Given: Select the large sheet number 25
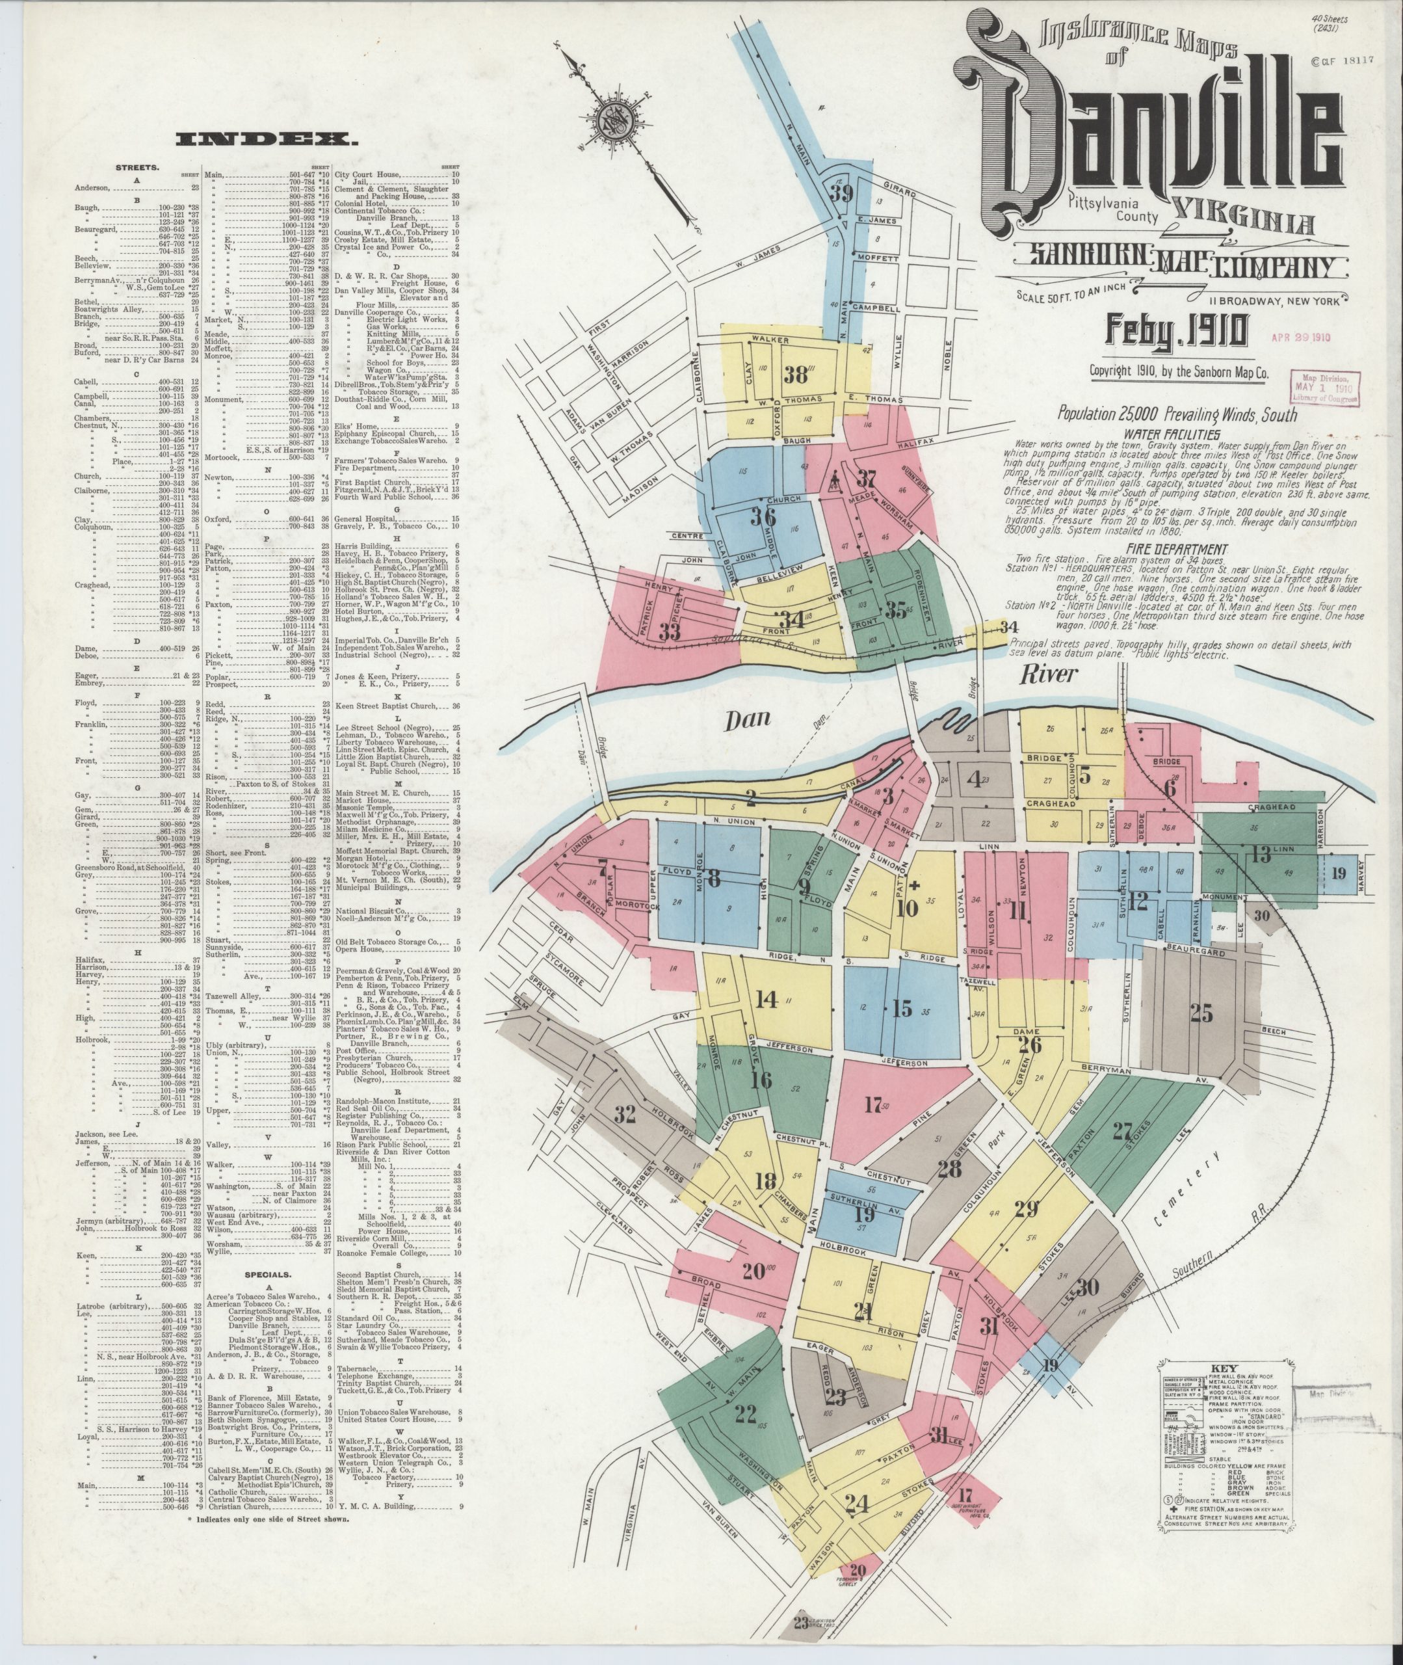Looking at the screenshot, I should coord(1201,1013).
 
